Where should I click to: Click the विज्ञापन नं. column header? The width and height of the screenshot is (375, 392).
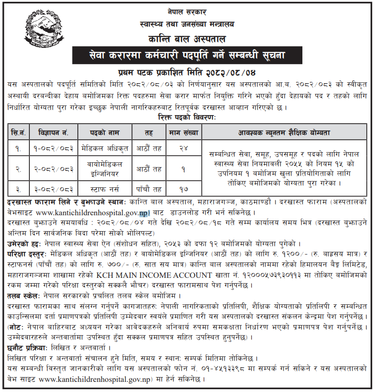(x=53, y=131)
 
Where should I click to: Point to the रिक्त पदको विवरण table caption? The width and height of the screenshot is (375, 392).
(x=187, y=117)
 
